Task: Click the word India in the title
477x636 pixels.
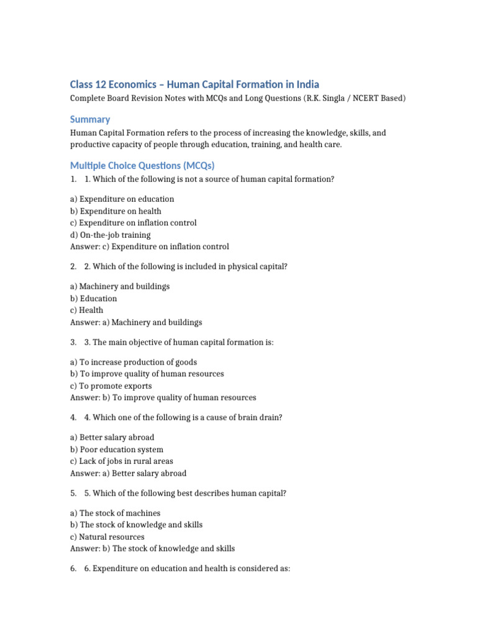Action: [x=307, y=84]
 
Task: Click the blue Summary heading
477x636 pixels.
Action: [x=90, y=119]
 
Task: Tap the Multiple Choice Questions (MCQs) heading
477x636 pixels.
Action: [x=142, y=165]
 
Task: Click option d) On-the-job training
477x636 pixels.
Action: [x=111, y=235]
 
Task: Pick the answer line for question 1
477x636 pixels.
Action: [x=150, y=247]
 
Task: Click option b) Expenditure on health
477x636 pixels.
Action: [x=116, y=211]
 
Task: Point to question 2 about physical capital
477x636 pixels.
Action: [x=186, y=266]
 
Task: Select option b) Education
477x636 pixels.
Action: [x=94, y=299]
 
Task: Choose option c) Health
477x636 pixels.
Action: [x=87, y=311]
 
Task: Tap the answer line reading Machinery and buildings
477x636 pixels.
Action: [x=136, y=322]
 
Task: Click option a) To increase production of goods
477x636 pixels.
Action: [x=134, y=362]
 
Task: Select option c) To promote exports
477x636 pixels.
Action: [x=111, y=386]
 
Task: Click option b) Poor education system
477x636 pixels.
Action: [x=117, y=450]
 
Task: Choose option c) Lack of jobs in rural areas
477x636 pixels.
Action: [x=122, y=461]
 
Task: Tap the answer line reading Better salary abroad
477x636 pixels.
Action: [x=129, y=473]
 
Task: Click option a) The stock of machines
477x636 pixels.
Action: [x=116, y=513]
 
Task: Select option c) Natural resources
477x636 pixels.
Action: [x=107, y=537]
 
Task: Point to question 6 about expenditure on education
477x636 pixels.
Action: [x=187, y=568]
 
